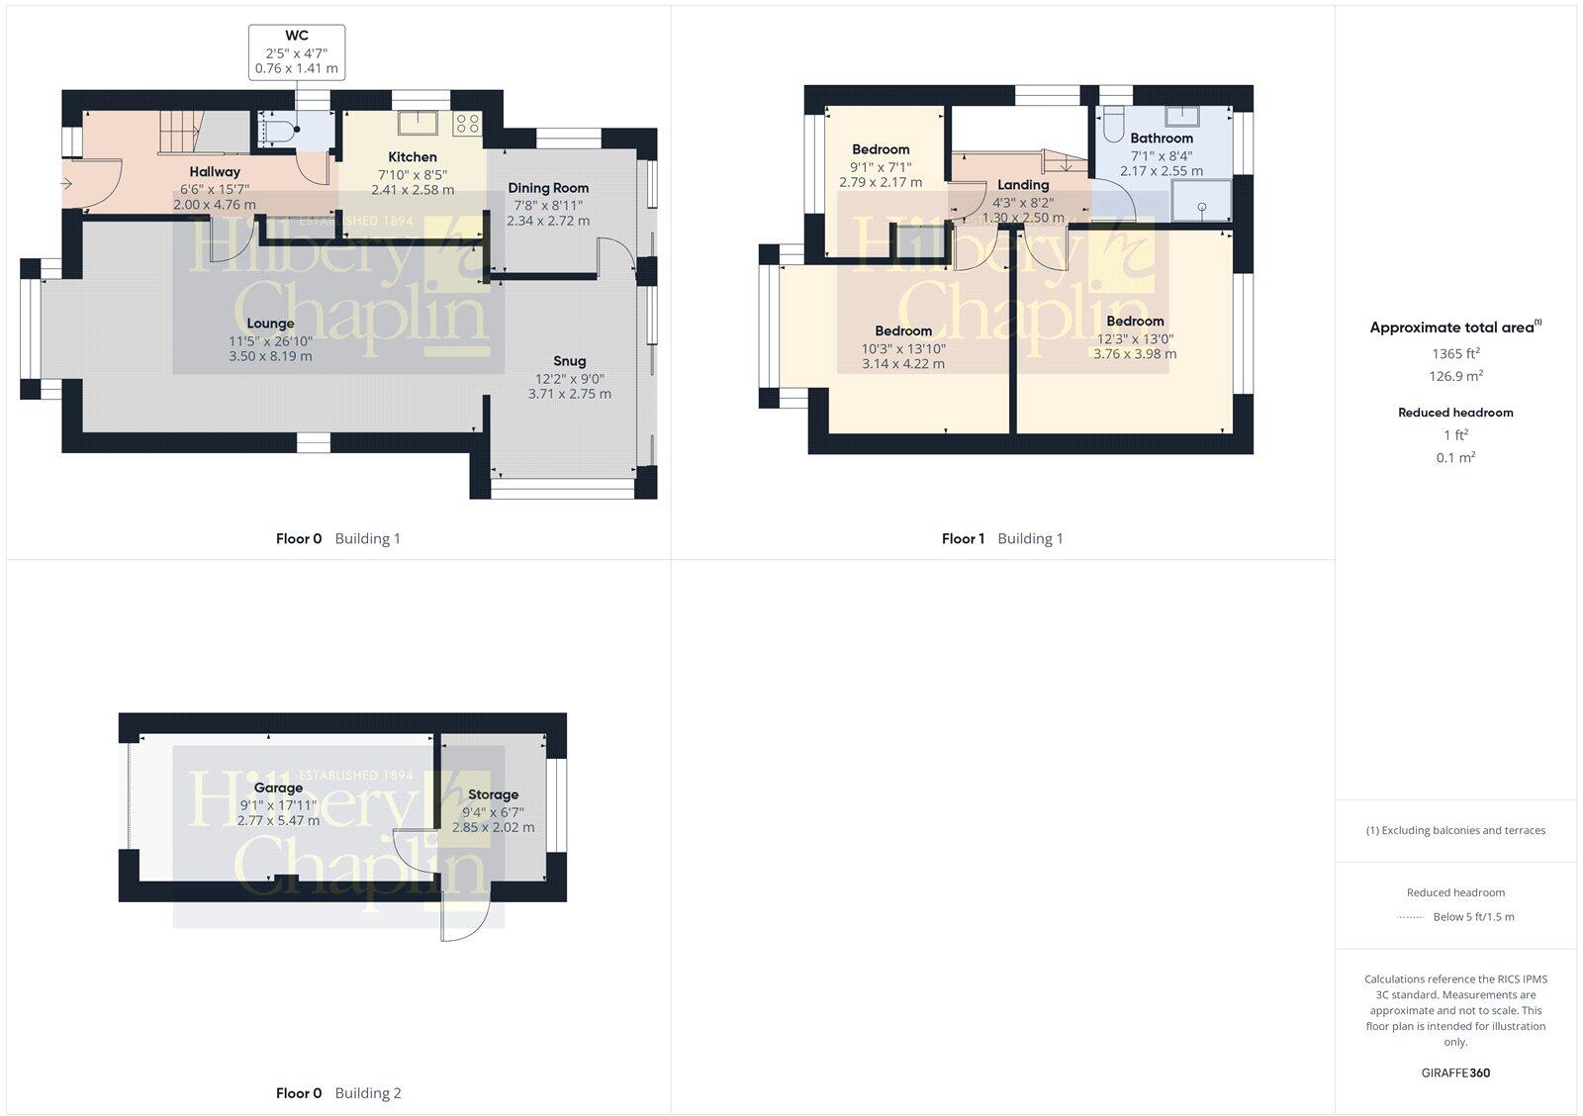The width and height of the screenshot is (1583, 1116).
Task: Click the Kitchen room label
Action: (x=413, y=156)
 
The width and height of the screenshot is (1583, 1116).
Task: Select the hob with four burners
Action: (x=467, y=124)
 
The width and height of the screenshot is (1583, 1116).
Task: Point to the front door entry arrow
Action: (x=66, y=183)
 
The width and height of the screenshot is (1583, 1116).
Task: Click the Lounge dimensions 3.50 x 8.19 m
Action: (x=270, y=356)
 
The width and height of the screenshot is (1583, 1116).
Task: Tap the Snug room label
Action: (x=570, y=361)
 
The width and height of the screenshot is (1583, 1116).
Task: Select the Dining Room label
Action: (x=548, y=188)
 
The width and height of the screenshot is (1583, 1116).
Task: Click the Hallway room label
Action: (x=215, y=172)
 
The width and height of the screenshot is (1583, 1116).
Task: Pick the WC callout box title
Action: (x=297, y=36)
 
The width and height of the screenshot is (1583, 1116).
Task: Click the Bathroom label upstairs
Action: (x=1162, y=139)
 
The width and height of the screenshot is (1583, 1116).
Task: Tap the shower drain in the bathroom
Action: (x=1202, y=207)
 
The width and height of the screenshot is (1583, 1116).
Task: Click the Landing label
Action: (x=1023, y=185)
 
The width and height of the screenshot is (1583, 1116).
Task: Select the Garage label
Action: (x=278, y=789)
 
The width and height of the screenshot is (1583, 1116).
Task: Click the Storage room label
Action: (x=493, y=794)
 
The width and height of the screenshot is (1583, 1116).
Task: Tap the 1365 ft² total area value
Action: (x=1455, y=353)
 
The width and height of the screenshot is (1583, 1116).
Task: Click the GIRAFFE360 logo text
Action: (x=1455, y=1072)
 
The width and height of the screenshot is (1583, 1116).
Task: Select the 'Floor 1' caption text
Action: (x=963, y=539)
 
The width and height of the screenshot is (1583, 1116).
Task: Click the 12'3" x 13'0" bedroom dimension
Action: (x=1135, y=338)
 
